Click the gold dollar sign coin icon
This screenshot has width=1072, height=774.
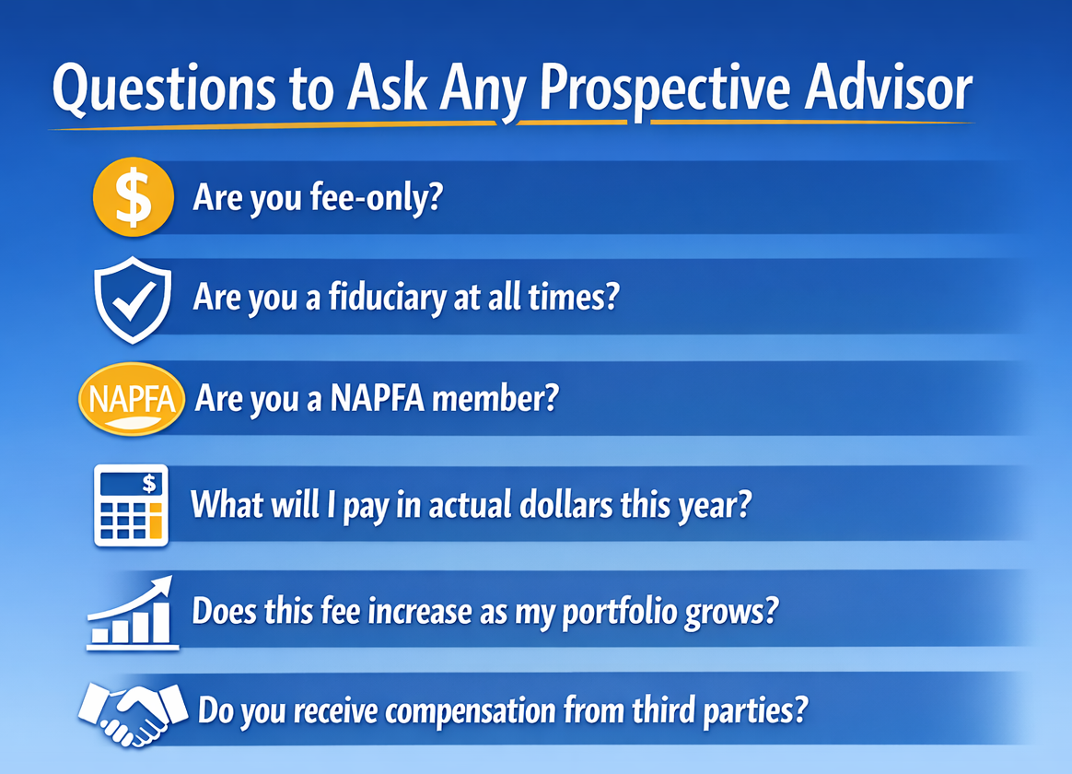tap(134, 198)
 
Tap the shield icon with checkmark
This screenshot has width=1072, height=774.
tap(134, 299)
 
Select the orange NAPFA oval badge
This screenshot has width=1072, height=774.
tap(132, 402)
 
